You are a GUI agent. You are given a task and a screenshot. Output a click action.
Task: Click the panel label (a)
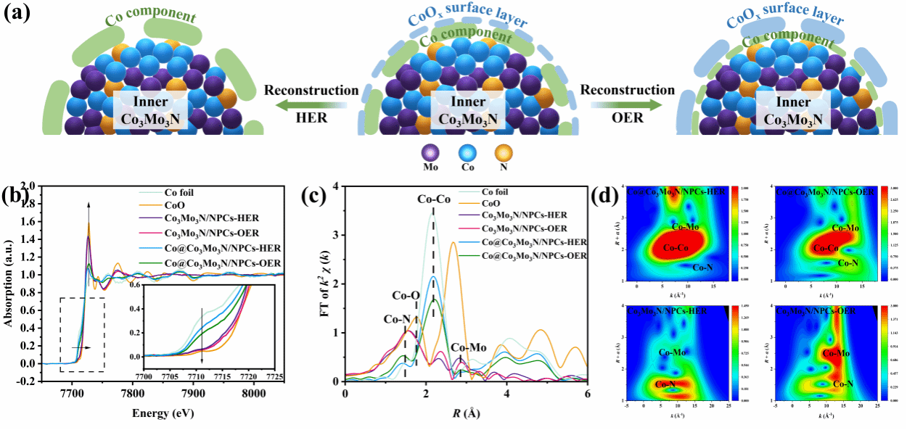[x=17, y=13]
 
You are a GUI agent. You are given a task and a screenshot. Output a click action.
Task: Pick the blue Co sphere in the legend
[x=467, y=155]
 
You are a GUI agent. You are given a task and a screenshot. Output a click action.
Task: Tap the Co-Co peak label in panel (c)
[x=434, y=199]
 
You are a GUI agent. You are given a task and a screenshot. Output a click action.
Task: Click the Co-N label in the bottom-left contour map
[x=670, y=384]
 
